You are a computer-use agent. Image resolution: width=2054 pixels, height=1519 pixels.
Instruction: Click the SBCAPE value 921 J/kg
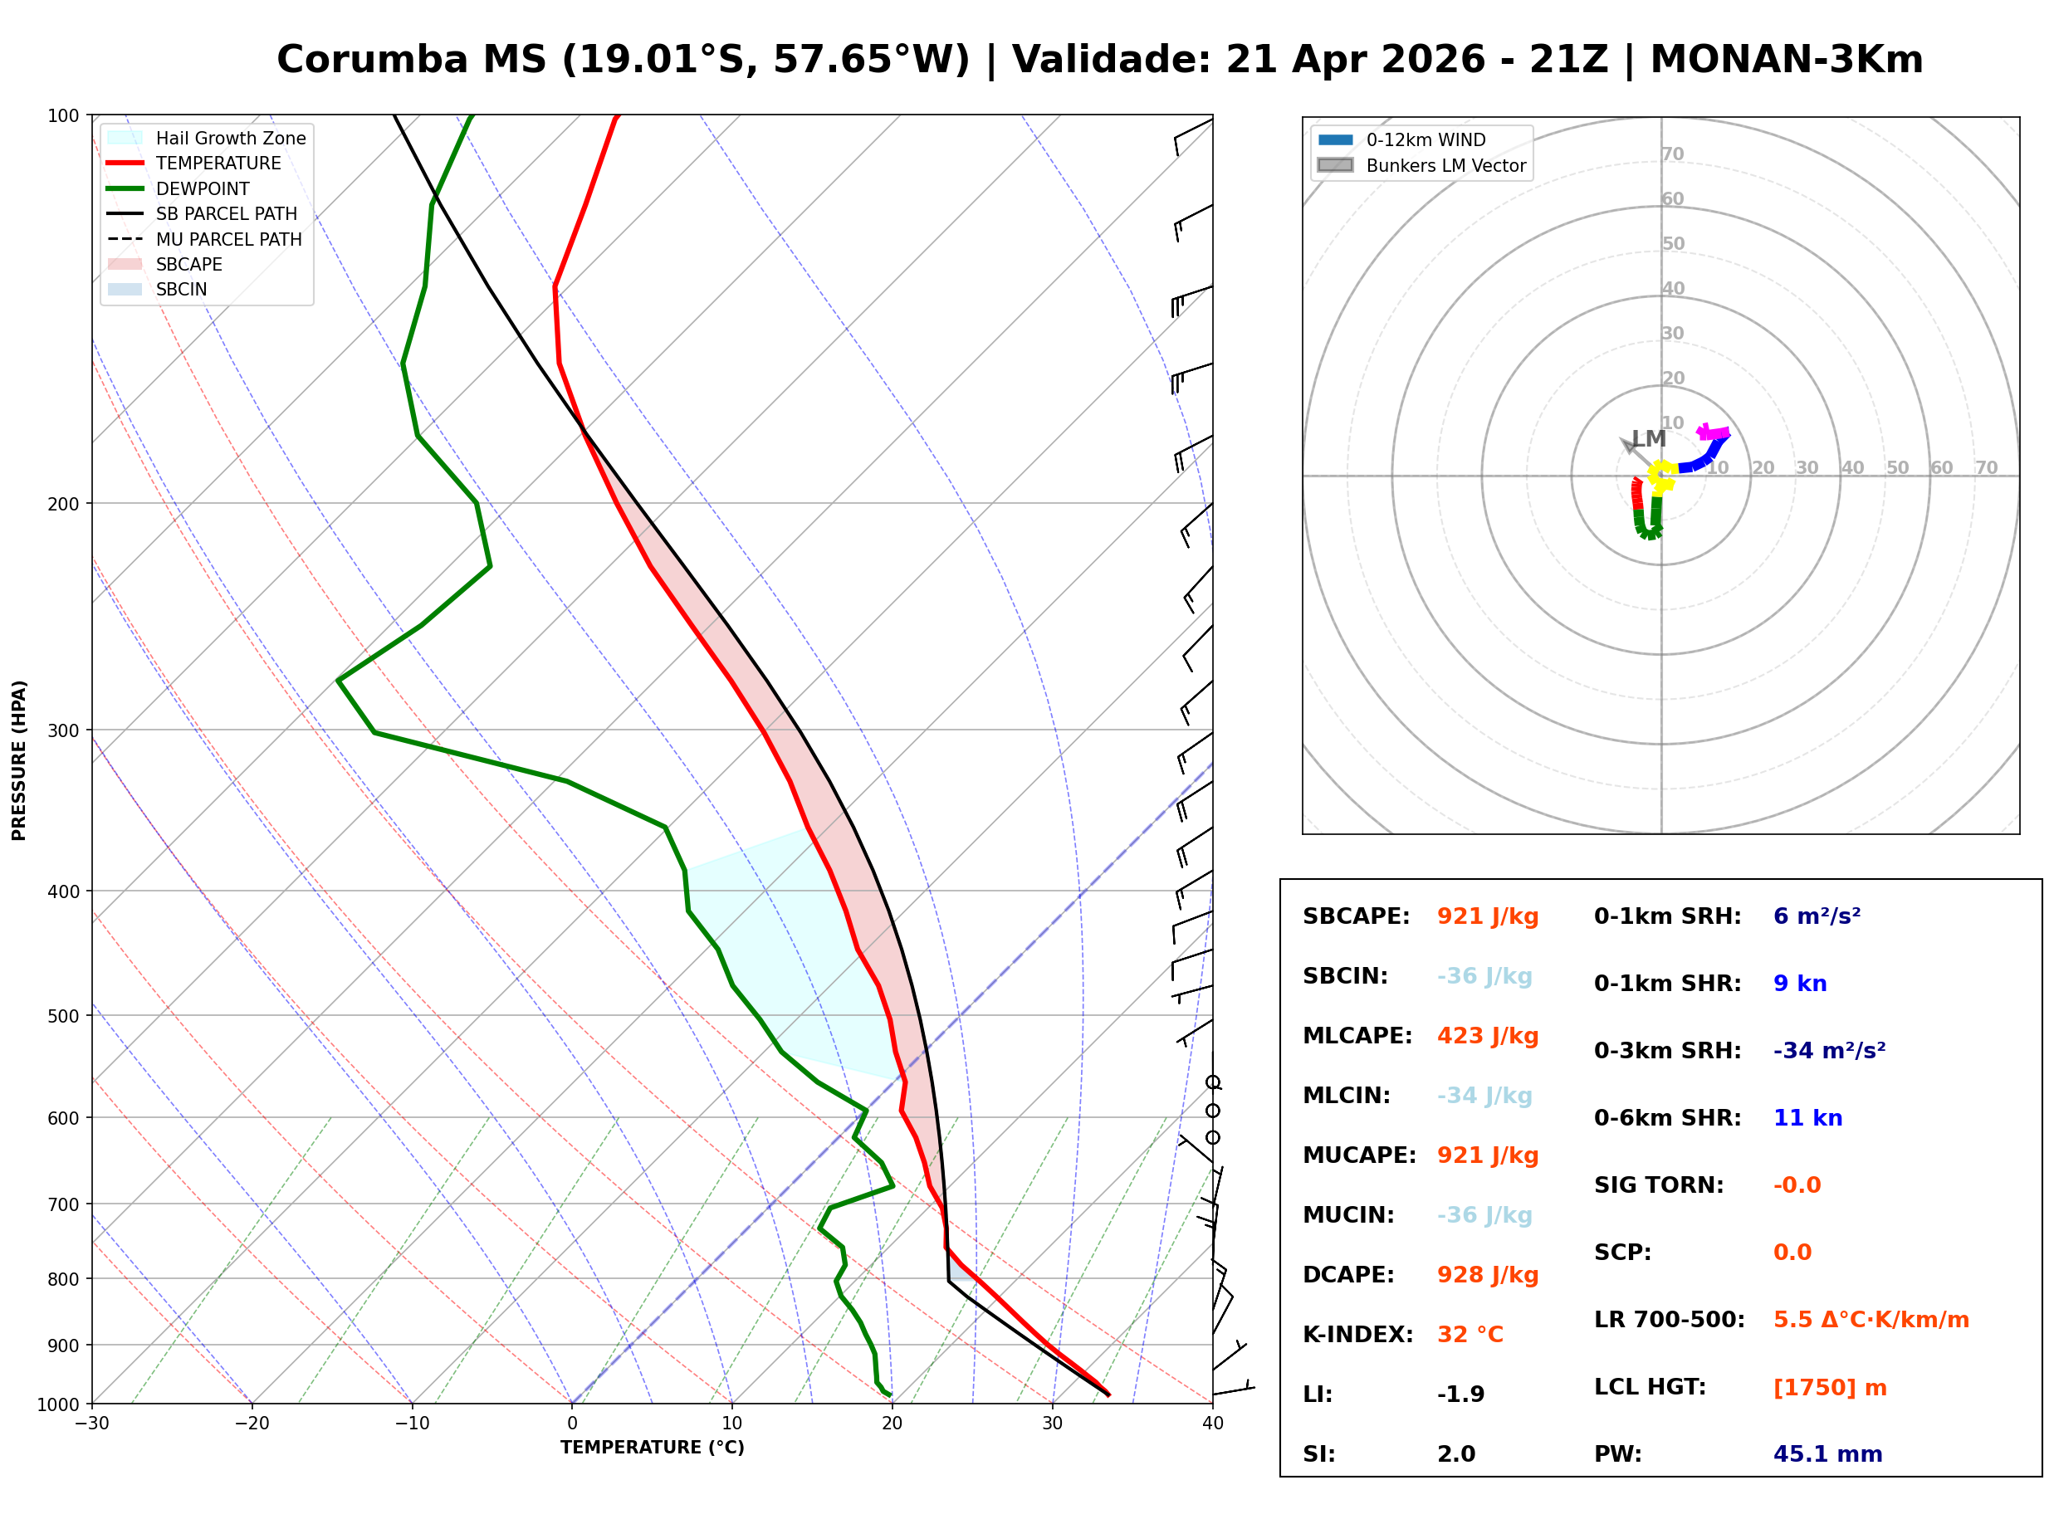click(x=1487, y=916)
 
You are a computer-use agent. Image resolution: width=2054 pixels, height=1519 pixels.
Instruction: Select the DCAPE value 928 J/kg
click(x=1487, y=1275)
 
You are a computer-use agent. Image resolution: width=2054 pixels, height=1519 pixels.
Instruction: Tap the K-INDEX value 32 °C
click(x=1470, y=1335)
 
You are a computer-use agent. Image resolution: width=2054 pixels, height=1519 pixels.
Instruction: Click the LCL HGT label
click(x=1650, y=1388)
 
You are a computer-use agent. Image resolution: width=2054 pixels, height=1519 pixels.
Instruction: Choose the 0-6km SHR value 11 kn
click(x=1807, y=1118)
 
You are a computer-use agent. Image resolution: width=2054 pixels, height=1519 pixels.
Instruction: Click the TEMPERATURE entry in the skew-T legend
click(x=218, y=164)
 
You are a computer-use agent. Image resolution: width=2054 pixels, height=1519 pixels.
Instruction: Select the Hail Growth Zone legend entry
click(x=230, y=138)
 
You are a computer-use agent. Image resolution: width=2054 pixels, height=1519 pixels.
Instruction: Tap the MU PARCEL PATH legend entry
click(x=228, y=239)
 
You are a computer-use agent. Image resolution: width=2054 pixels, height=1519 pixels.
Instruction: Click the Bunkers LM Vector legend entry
click(x=1445, y=165)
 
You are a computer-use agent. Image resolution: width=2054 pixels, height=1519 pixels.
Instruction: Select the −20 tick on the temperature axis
click(x=251, y=1424)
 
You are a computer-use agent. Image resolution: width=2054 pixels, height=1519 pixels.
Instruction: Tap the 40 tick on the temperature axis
click(x=1212, y=1424)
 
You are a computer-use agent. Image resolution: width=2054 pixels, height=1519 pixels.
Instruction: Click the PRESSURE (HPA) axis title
click(x=19, y=759)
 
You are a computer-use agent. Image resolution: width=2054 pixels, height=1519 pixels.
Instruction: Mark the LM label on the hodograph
click(x=1649, y=438)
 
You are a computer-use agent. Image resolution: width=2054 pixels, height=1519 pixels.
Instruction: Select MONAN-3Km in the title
click(x=1786, y=60)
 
